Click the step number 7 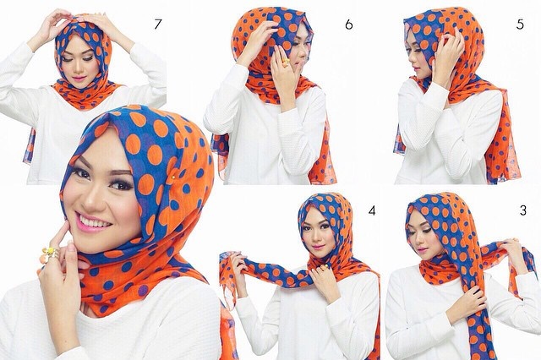158,25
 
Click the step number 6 349,25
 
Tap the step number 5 520,25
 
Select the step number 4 372,210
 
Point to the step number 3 523,210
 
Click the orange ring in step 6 286,62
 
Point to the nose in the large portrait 90,200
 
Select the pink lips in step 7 79,78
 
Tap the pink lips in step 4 318,247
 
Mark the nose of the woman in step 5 411,57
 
